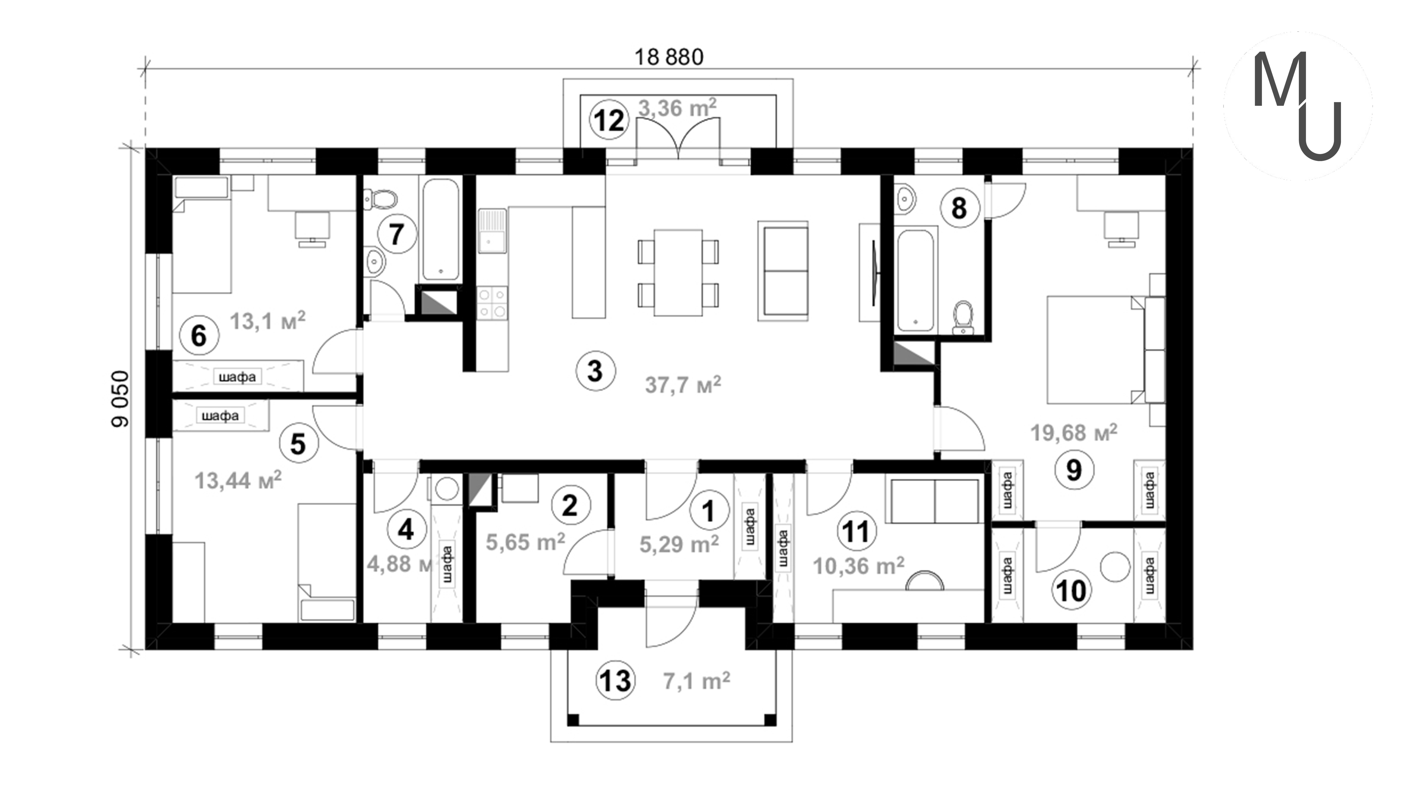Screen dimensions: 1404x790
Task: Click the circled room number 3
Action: tap(595, 371)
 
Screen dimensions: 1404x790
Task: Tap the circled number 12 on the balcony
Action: tap(609, 121)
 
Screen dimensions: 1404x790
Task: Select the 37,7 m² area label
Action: tap(683, 384)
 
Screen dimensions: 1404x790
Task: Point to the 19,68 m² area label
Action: tap(1074, 432)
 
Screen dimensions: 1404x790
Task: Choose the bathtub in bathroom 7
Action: tap(440, 229)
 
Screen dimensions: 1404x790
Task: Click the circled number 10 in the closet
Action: tap(1071, 590)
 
